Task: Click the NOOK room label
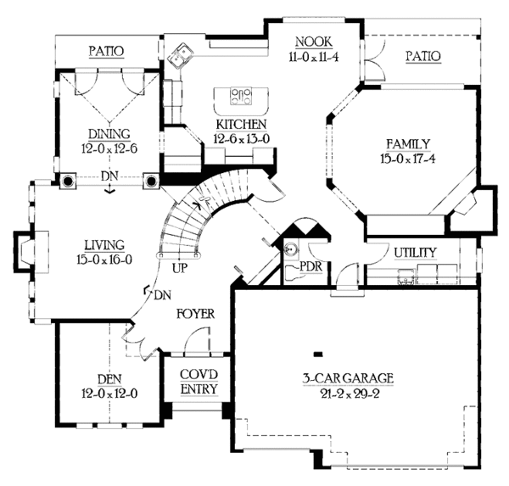point(314,42)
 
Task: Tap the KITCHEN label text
point(241,125)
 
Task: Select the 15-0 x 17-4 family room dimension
point(408,159)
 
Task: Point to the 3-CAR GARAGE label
point(348,378)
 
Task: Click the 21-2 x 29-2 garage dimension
point(350,394)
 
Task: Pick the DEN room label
point(109,379)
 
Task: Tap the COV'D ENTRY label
point(199,382)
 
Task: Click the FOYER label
point(196,314)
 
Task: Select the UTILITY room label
point(415,253)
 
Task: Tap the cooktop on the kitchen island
point(241,96)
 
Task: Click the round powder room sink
point(290,249)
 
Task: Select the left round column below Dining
point(68,181)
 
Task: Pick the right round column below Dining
point(151,181)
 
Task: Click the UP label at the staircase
point(180,268)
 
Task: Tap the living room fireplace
point(31,250)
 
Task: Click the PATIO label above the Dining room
point(107,51)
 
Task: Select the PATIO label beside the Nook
point(423,56)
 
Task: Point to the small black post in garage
point(318,355)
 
